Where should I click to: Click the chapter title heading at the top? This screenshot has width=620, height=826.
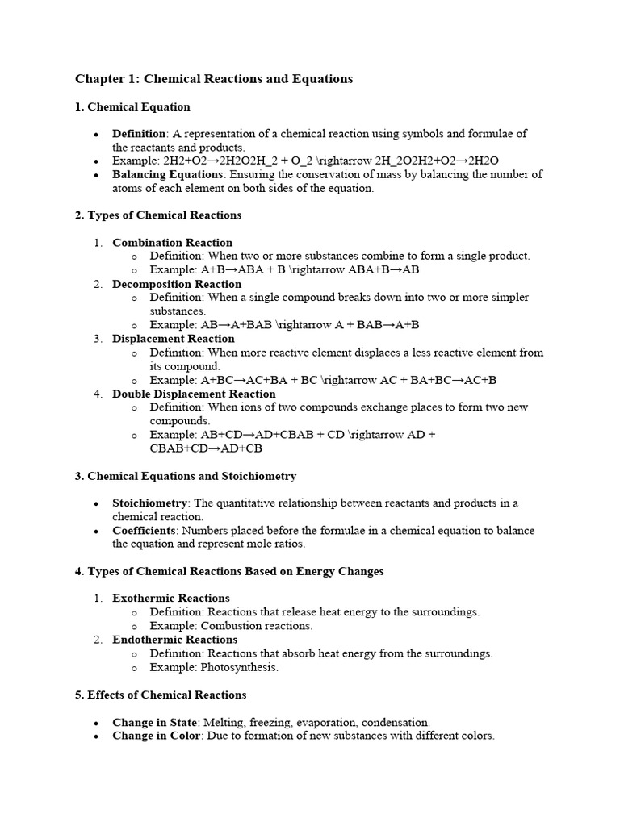(x=214, y=79)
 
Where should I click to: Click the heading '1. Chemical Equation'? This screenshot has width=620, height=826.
(x=132, y=106)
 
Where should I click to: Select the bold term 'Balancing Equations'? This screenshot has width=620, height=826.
(x=167, y=174)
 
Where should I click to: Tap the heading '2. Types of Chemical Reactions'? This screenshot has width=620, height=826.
(x=158, y=215)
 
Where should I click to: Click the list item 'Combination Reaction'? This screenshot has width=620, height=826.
(x=172, y=243)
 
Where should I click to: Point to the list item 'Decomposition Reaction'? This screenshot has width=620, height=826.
(x=177, y=284)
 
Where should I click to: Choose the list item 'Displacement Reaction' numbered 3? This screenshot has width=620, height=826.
(x=174, y=339)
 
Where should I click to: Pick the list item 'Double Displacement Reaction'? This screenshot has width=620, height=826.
(x=194, y=394)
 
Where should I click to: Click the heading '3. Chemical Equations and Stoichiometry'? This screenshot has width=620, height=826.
(x=186, y=476)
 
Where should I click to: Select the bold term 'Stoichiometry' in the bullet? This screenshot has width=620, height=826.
(x=149, y=503)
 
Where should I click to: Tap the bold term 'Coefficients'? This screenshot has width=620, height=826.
(x=144, y=531)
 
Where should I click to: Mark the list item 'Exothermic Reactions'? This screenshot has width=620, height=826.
(x=171, y=599)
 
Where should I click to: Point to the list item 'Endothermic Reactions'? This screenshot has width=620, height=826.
(x=175, y=640)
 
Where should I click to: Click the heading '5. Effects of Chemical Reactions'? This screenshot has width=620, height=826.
(x=161, y=695)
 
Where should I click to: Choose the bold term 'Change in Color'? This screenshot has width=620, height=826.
(x=155, y=736)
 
